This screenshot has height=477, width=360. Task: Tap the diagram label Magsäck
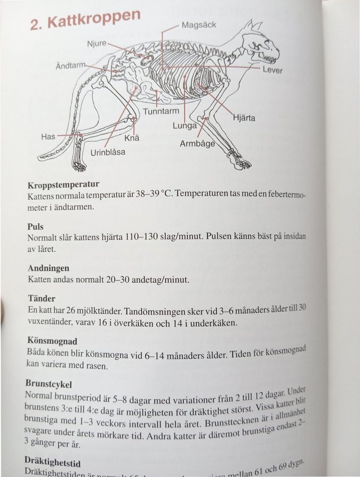(x=199, y=25)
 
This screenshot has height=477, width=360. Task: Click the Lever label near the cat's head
(x=273, y=70)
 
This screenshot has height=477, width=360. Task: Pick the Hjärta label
(x=244, y=118)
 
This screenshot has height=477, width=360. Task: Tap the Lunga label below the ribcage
(x=185, y=126)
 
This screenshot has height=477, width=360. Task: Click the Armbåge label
(x=198, y=144)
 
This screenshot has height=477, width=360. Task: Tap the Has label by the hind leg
(x=48, y=137)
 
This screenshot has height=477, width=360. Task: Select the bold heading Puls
(x=36, y=227)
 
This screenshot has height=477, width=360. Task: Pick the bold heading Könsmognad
(x=51, y=341)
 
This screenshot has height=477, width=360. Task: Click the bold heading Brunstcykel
(x=48, y=383)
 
